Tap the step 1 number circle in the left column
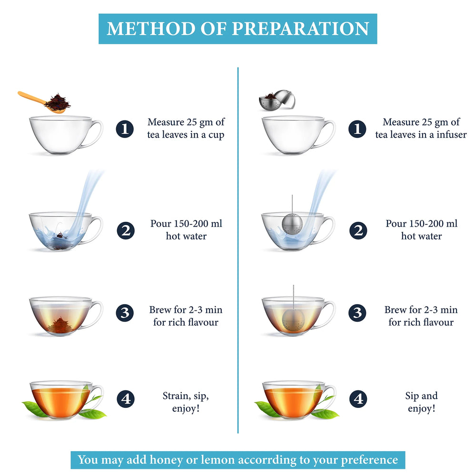125,129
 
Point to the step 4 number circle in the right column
358,399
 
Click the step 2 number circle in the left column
125,231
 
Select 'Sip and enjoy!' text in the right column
421,402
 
